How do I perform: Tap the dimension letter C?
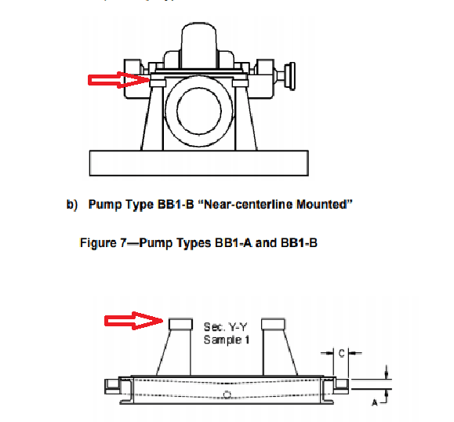[x=341, y=354]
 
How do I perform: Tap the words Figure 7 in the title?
[x=108, y=242]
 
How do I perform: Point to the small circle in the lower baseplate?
[x=227, y=393]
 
